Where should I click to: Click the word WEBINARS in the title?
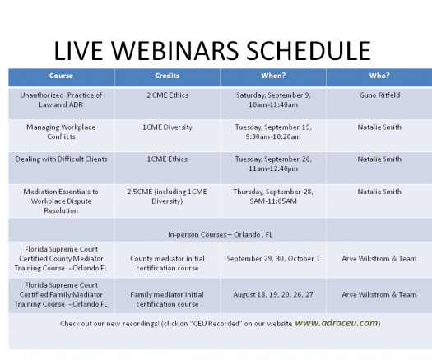pyautogui.click(x=174, y=51)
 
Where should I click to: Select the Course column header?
pyautogui.click(x=61, y=76)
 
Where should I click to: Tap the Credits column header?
pyautogui.click(x=167, y=76)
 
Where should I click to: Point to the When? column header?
pyautogui.click(x=273, y=76)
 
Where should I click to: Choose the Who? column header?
pyautogui.click(x=379, y=76)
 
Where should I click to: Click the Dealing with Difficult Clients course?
pyautogui.click(x=61, y=159)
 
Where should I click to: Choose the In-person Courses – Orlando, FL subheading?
pyautogui.click(x=221, y=235)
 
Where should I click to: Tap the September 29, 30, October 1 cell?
pyautogui.click(x=273, y=259)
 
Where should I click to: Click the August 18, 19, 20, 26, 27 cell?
pyautogui.click(x=273, y=295)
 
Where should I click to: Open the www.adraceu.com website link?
pyautogui.click(x=337, y=323)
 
